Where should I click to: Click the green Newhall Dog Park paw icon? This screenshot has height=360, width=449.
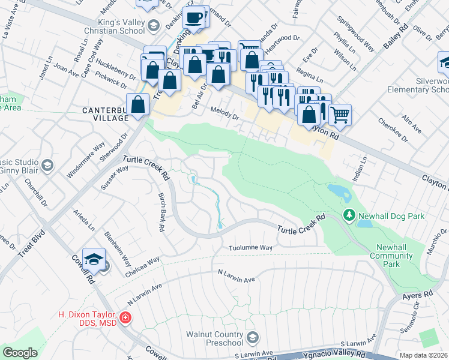click(x=349, y=215)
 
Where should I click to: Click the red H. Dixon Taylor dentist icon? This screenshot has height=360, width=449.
click(x=125, y=317)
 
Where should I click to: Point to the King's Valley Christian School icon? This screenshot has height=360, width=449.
click(x=154, y=25)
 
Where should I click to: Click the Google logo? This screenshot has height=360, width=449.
click(x=20, y=353)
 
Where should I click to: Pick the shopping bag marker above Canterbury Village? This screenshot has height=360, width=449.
click(x=138, y=104)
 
